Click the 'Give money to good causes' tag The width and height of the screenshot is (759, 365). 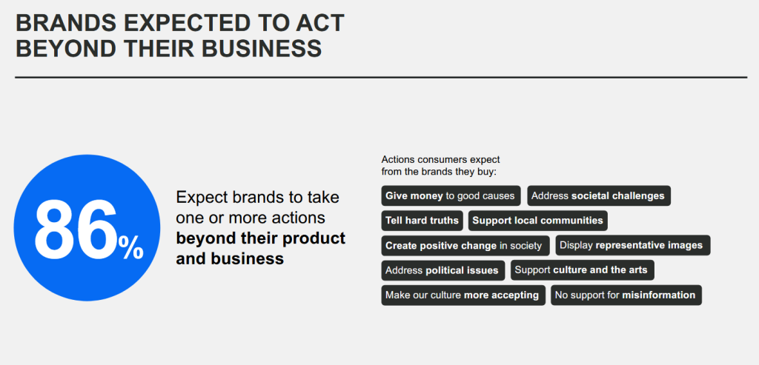click(x=451, y=195)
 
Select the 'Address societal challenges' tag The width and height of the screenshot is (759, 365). click(x=599, y=195)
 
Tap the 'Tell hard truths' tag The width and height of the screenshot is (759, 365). click(x=422, y=221)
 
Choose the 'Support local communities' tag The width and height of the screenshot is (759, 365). click(x=538, y=221)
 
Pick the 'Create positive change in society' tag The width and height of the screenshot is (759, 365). click(x=465, y=246)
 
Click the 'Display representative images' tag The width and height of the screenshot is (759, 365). click(x=633, y=245)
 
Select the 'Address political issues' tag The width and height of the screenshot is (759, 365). click(x=443, y=270)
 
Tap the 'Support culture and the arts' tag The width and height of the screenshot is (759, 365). click(x=583, y=269)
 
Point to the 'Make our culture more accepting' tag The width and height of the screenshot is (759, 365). click(x=463, y=295)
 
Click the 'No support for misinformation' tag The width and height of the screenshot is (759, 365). click(x=626, y=295)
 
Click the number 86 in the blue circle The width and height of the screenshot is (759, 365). click(x=76, y=228)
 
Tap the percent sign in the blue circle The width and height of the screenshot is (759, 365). click(x=130, y=247)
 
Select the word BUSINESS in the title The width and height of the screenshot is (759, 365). click(x=262, y=49)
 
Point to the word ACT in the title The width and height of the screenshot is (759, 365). click(x=317, y=23)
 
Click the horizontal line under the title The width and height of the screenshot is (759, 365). click(x=381, y=77)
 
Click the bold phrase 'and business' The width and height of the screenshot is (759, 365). click(x=230, y=258)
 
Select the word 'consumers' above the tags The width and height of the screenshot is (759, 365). click(x=438, y=159)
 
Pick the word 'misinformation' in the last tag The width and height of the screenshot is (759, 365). click(x=658, y=295)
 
